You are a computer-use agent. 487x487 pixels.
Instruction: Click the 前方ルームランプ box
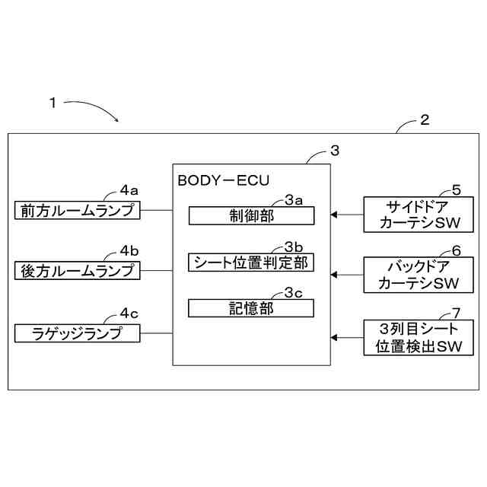click(78, 210)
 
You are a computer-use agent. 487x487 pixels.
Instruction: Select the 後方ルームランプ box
click(78, 270)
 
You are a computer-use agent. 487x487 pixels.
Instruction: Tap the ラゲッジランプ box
click(78, 333)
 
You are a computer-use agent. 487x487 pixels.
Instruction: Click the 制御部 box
click(251, 216)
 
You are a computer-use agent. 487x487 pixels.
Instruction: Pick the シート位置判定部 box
click(251, 263)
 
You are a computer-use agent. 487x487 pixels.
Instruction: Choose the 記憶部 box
click(251, 308)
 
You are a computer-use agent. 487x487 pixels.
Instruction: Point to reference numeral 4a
click(129, 189)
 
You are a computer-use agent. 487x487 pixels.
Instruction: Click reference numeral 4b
click(129, 250)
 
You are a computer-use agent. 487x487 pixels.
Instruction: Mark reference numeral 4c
click(129, 313)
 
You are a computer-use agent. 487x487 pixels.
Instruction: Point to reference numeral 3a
click(294, 199)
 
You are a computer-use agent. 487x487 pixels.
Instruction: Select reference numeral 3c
click(294, 291)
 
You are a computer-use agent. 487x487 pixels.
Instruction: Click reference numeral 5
click(456, 189)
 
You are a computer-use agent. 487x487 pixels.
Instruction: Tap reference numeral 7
click(456, 313)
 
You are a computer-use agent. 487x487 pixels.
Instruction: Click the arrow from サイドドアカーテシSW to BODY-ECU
click(347, 215)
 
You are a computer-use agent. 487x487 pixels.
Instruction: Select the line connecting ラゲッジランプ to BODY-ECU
click(157, 333)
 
